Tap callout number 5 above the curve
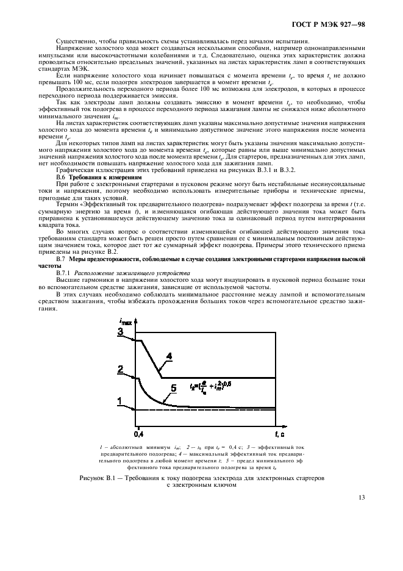pos(174,388)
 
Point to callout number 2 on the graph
pos(121,369)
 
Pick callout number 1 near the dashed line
pos(121,401)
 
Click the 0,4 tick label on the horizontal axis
pos(138,434)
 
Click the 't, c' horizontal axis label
pos(277,434)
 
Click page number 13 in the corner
pos(362,497)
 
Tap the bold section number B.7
pos(60,260)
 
